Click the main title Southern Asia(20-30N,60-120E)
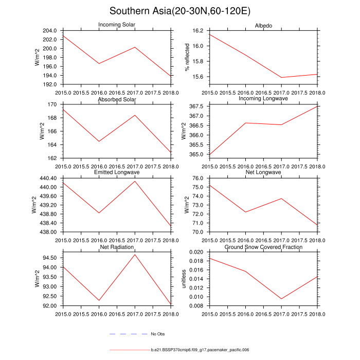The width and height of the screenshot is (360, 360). [x=180, y=11]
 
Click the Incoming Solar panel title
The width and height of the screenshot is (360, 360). [x=117, y=25]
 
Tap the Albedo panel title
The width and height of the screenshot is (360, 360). [x=263, y=25]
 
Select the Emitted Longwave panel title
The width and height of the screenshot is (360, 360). [x=117, y=172]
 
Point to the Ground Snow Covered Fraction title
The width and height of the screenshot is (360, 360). [x=263, y=247]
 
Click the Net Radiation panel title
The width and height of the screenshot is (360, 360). [x=117, y=247]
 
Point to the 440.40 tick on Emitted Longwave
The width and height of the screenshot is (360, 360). [x=51, y=178]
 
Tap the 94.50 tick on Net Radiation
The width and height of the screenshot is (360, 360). [x=52, y=258]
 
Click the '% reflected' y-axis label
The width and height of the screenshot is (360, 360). [x=187, y=57]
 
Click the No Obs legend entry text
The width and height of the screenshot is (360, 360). [x=157, y=334]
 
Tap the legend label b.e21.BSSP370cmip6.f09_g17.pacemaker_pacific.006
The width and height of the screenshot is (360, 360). [x=200, y=350]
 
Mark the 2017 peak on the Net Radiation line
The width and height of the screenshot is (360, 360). [x=135, y=255]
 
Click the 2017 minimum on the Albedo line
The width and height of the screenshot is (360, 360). [x=281, y=77]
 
